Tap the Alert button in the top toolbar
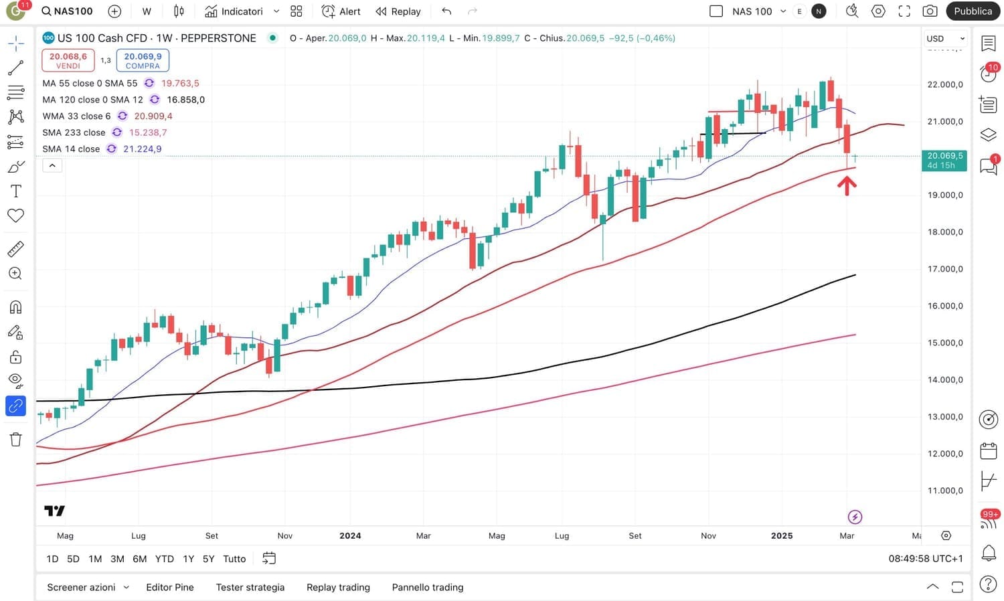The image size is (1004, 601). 341,11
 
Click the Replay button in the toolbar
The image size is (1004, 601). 398,11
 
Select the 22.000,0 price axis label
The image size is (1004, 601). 945,84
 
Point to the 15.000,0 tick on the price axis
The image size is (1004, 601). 945,343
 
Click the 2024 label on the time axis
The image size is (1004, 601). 350,535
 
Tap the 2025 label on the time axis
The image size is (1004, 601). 782,535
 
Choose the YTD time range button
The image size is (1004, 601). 164,559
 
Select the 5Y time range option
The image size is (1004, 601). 208,559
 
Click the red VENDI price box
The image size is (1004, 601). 68,60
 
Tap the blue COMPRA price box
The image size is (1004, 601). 143,60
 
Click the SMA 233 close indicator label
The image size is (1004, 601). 74,133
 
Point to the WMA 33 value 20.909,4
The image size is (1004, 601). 153,116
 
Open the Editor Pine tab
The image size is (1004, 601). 170,587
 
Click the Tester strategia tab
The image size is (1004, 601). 250,587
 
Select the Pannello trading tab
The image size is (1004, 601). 428,587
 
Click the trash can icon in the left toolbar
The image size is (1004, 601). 15,439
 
